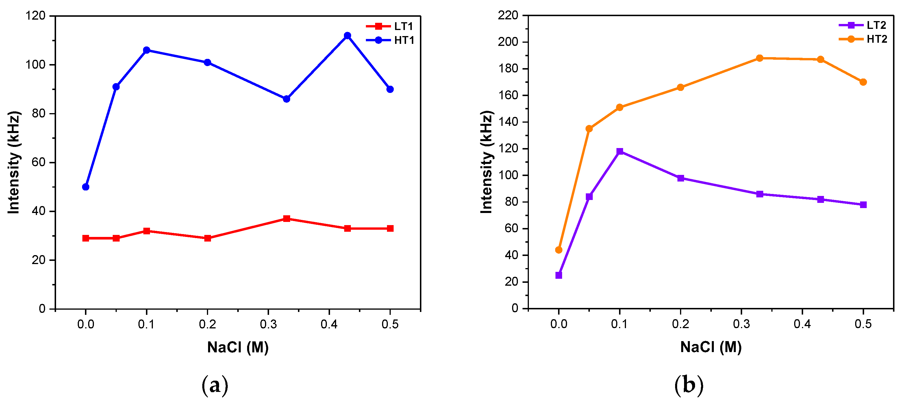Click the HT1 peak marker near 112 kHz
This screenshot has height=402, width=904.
point(347,35)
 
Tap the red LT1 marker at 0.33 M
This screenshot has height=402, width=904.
point(286,219)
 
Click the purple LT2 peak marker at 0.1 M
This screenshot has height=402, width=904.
point(620,152)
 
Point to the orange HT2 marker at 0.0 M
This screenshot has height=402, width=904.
point(559,250)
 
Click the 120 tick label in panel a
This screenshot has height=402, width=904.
point(36,16)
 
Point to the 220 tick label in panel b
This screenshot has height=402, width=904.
point(508,15)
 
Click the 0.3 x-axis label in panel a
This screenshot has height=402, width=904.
point(268,325)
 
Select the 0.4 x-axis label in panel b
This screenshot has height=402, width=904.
point(802,324)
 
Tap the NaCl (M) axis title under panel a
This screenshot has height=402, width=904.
point(238,348)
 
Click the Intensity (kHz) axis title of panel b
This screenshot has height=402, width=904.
point(486,162)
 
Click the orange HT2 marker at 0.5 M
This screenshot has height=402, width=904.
point(863,82)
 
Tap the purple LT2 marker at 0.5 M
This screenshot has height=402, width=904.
point(863,205)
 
